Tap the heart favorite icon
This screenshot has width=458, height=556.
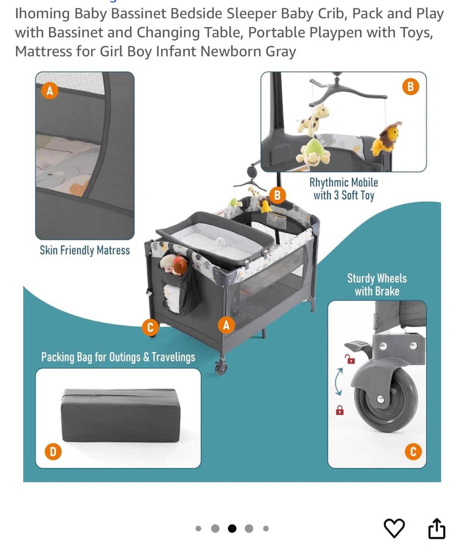pyautogui.click(x=394, y=528)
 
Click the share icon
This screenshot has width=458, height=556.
pyautogui.click(x=437, y=529)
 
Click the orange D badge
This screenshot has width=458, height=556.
pyautogui.click(x=53, y=452)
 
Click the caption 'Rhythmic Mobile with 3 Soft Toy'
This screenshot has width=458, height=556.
pyautogui.click(x=344, y=189)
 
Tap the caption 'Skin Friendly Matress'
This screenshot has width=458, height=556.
pyautogui.click(x=85, y=250)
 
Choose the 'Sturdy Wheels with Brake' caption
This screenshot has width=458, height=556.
pyautogui.click(x=377, y=285)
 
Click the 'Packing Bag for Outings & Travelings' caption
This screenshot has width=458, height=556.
pyautogui.click(x=118, y=357)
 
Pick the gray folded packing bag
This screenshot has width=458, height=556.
pyautogui.click(x=120, y=415)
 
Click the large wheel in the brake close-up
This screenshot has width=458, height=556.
pyautogui.click(x=385, y=400)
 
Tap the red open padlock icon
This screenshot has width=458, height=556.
pyautogui.click(x=350, y=359)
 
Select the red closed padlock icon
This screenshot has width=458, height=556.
pyautogui.click(x=340, y=410)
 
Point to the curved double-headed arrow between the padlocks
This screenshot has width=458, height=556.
pyautogui.click(x=339, y=381)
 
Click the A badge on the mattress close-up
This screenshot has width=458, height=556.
pyautogui.click(x=50, y=91)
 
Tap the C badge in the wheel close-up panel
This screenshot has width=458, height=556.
pyautogui.click(x=413, y=451)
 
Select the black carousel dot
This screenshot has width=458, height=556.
pyautogui.click(x=232, y=528)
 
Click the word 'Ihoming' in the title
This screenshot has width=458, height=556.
pyautogui.click(x=42, y=14)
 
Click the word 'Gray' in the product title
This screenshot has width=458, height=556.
pyautogui.click(x=281, y=51)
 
